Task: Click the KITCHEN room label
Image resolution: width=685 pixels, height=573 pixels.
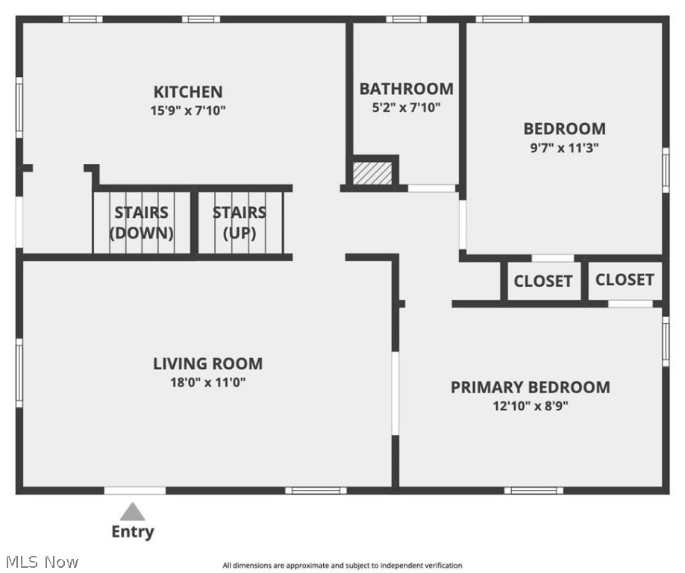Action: pos(188,92)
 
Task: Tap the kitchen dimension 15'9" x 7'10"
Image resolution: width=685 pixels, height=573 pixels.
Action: pos(188,110)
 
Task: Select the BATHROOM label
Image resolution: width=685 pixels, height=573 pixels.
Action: pos(406,89)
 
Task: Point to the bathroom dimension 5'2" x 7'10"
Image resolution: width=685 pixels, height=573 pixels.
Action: pos(406,107)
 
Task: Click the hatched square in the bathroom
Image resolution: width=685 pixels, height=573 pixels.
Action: pos(372,173)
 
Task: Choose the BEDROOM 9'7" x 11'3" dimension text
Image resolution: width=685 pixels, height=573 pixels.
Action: pos(564,148)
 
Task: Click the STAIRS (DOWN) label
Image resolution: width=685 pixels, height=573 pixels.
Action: pos(142,223)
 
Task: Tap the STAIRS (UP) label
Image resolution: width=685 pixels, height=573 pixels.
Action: pos(240,223)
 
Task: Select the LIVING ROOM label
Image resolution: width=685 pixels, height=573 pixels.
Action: pos(207,364)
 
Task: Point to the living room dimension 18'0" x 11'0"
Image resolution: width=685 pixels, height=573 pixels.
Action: pos(207,383)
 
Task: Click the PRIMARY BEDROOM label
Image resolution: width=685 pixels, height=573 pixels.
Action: pos(530,387)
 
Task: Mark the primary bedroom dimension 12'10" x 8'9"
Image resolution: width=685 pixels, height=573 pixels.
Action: pos(530,407)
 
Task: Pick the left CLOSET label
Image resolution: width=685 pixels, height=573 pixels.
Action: pos(543,281)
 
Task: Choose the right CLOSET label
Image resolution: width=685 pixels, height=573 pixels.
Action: pos(625,280)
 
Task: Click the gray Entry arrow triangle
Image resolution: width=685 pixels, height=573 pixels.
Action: pos(133,512)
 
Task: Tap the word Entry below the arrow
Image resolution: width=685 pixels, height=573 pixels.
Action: pos(133,532)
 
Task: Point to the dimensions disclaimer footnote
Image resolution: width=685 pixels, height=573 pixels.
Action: pos(342,566)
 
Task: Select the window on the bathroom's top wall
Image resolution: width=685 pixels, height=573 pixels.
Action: pos(406,19)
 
